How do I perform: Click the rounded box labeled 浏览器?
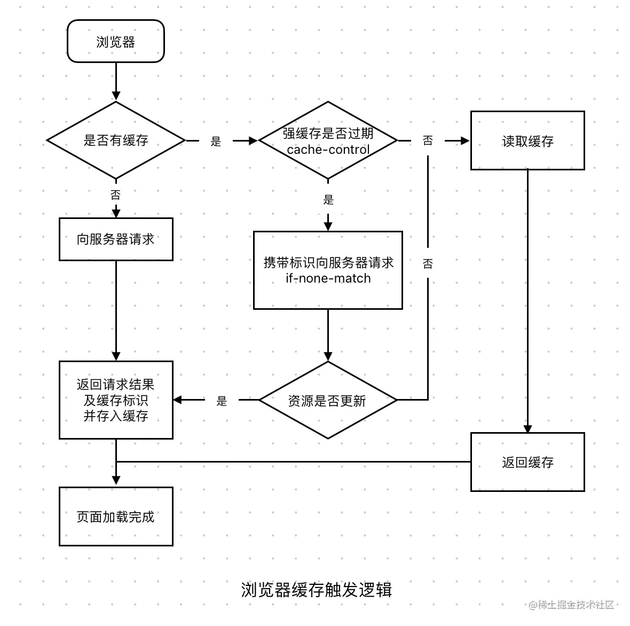(115, 42)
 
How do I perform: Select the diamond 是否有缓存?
(115, 140)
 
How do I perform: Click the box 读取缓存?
(527, 141)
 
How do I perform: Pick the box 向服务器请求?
(115, 239)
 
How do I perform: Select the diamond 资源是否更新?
(328, 401)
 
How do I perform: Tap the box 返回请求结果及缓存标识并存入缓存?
(115, 400)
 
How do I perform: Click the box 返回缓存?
(527, 462)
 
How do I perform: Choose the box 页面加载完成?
(115, 517)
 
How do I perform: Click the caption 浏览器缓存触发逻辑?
(316, 590)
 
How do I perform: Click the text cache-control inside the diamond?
(328, 150)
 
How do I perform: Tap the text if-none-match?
(328, 278)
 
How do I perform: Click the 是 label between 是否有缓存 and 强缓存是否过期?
(216, 142)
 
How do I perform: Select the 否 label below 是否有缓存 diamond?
(115, 195)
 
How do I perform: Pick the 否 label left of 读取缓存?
(428, 140)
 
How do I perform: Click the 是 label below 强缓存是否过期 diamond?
(328, 200)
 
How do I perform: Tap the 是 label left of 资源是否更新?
(222, 401)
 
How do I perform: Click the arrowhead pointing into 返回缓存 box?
(527, 429)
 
